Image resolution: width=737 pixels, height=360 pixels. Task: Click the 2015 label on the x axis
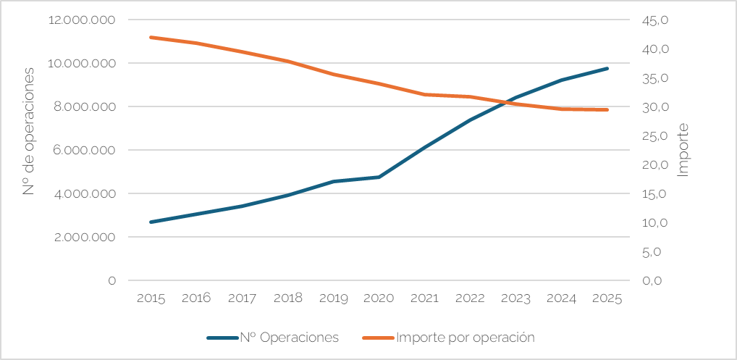tap(151, 298)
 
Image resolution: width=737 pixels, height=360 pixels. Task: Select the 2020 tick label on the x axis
tap(379, 298)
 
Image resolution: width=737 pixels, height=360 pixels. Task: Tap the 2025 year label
tap(607, 298)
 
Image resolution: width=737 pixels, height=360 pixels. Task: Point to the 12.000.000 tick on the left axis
tap(82, 20)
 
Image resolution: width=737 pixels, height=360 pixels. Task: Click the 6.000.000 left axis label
tap(85, 151)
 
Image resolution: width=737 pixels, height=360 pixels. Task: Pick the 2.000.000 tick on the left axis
tap(85, 238)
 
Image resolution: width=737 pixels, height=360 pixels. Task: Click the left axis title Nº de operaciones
tap(30, 131)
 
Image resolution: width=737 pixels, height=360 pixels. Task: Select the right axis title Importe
tap(683, 150)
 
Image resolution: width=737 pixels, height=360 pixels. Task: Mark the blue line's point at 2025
tap(607, 69)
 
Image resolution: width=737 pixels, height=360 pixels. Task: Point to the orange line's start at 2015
tap(151, 37)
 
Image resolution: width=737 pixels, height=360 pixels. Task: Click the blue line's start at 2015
tap(151, 222)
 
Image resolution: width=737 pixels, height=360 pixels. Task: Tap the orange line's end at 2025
tap(607, 110)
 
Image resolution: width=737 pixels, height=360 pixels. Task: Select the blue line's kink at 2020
tap(379, 177)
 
